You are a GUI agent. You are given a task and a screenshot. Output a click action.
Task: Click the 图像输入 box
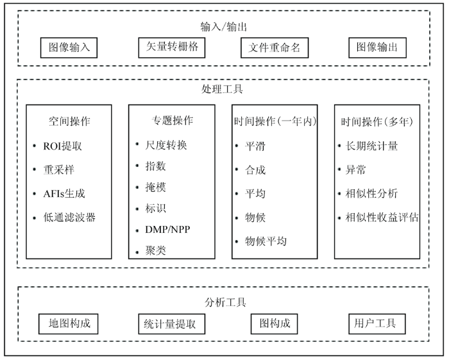click(x=69, y=47)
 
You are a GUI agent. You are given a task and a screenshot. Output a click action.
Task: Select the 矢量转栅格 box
click(x=172, y=47)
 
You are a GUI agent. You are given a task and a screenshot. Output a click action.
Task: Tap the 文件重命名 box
click(x=275, y=47)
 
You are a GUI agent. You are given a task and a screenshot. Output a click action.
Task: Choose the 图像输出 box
click(x=377, y=47)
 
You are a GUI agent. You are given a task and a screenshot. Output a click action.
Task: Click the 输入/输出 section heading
click(x=224, y=27)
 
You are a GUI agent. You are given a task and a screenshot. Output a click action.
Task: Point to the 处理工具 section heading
click(x=222, y=89)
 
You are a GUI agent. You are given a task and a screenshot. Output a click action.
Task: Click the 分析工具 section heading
click(x=225, y=302)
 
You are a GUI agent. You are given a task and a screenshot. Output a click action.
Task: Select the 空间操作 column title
click(x=69, y=121)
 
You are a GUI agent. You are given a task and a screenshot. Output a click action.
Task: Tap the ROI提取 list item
click(x=62, y=146)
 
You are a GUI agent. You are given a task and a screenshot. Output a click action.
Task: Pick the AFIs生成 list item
click(x=64, y=194)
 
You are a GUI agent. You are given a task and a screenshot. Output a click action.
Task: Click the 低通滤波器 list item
click(x=69, y=218)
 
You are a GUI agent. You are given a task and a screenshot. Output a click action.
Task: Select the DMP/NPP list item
click(x=167, y=229)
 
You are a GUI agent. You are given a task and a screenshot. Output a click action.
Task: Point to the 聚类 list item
click(x=155, y=251)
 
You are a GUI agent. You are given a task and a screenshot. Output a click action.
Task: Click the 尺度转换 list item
click(x=166, y=145)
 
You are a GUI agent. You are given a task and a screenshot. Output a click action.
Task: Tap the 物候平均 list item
click(x=266, y=241)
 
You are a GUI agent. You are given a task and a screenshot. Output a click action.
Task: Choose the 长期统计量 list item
click(x=371, y=146)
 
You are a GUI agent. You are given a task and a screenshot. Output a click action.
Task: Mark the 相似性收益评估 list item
click(x=382, y=218)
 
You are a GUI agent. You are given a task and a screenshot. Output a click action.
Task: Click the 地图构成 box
click(x=69, y=324)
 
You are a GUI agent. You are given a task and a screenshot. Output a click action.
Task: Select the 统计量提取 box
click(x=172, y=324)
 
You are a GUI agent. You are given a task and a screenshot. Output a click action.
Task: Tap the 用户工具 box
click(x=377, y=324)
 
